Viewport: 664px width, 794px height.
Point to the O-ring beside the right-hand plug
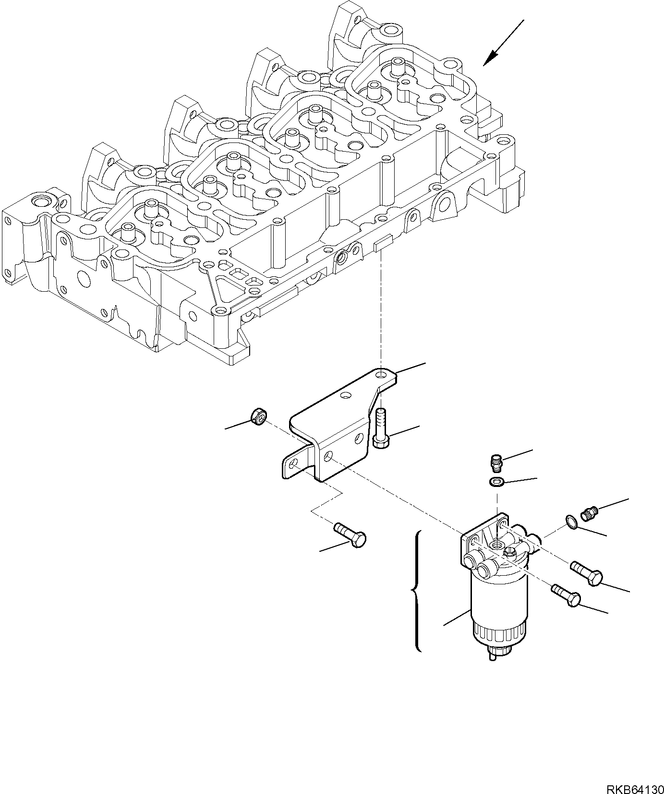tap(570, 522)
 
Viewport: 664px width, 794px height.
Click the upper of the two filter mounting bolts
tap(586, 573)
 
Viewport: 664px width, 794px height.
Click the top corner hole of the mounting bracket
tap(382, 374)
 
